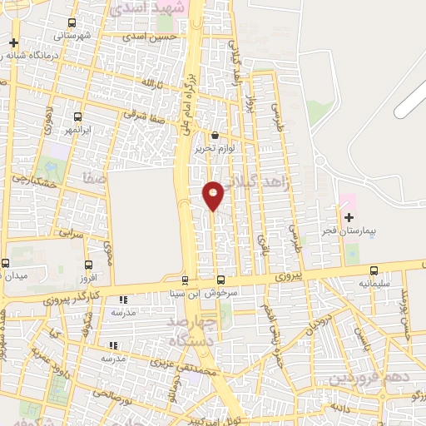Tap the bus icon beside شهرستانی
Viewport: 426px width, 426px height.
[71, 23]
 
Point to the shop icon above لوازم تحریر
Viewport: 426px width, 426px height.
[215, 135]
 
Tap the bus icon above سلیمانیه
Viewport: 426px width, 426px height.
[374, 270]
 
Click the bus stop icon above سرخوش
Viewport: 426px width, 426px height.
[221, 280]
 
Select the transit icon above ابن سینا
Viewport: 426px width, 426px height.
[185, 280]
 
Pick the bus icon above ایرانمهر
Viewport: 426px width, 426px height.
[78, 116]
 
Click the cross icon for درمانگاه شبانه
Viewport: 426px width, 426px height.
[13, 42]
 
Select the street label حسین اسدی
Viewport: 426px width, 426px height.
[150, 37]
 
